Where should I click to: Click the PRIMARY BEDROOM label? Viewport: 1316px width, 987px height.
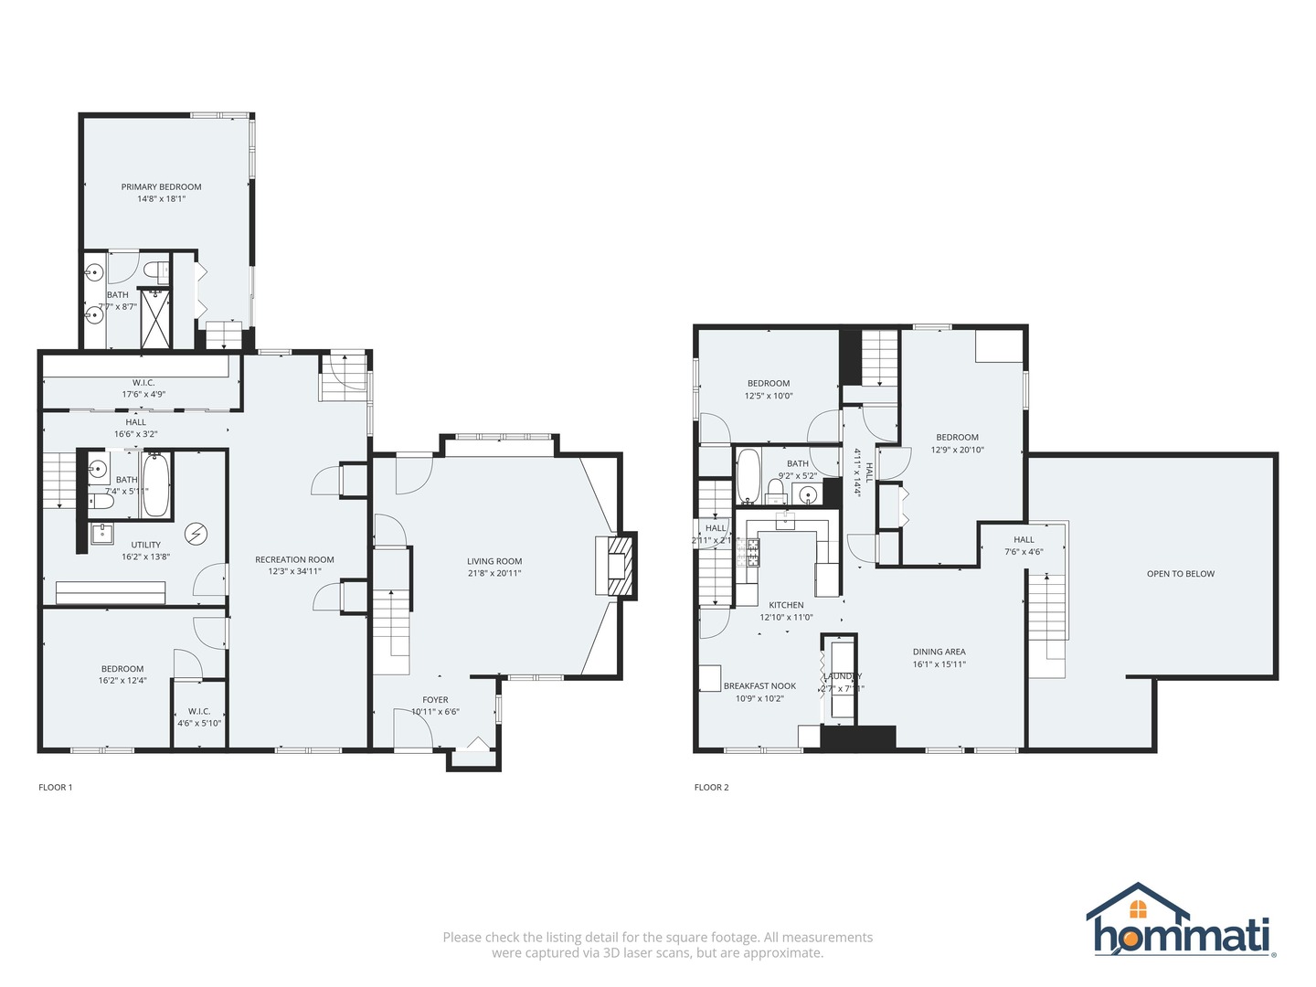coord(161,186)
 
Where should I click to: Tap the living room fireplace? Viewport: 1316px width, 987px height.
coord(619,567)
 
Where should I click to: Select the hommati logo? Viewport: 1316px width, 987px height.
coord(1181,921)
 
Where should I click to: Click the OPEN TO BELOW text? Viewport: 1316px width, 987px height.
coord(1180,574)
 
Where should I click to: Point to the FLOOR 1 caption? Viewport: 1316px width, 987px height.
coord(55,787)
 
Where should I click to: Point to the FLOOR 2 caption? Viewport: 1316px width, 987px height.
coord(711,787)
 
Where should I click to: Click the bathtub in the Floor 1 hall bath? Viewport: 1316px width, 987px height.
coord(155,483)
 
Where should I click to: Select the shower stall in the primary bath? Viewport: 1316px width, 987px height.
coord(154,318)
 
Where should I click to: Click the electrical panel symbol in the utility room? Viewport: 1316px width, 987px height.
coord(196,533)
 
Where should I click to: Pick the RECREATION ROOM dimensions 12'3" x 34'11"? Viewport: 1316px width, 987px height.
coord(294,572)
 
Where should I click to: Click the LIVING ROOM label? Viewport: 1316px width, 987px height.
coord(494,561)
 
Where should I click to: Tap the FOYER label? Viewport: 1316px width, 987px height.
coord(435,700)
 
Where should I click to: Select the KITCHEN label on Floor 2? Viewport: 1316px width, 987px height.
coord(786,605)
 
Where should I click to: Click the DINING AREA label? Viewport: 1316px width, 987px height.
coord(939,652)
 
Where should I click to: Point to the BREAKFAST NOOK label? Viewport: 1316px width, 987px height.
coord(759,685)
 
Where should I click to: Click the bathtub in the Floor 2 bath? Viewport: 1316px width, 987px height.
coord(748,475)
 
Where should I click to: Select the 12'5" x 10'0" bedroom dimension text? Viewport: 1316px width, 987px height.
coord(769,396)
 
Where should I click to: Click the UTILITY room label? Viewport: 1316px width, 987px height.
coord(145,545)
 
